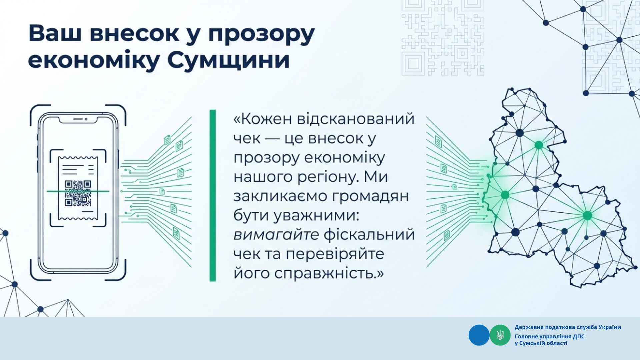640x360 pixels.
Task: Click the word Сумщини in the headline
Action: [x=228, y=61]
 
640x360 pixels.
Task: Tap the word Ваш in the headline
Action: [x=55, y=33]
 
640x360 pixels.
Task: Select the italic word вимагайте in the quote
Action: [x=276, y=235]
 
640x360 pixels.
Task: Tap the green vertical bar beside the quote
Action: [x=213, y=195]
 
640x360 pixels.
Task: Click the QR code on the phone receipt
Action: [x=78, y=193]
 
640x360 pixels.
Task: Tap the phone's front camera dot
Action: [x=86, y=119]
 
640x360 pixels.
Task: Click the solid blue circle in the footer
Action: [x=479, y=335]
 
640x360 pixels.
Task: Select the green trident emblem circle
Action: [x=500, y=335]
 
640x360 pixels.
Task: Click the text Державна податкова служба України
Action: [x=568, y=327]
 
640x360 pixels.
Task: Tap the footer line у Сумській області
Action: [x=541, y=343]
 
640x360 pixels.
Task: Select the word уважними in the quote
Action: [x=316, y=216]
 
